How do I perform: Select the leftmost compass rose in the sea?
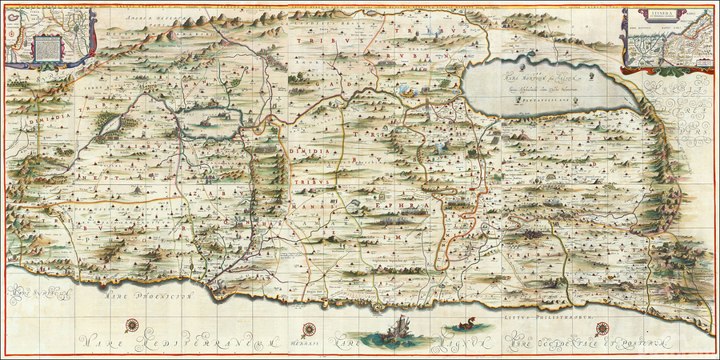click(x=130, y=325)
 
